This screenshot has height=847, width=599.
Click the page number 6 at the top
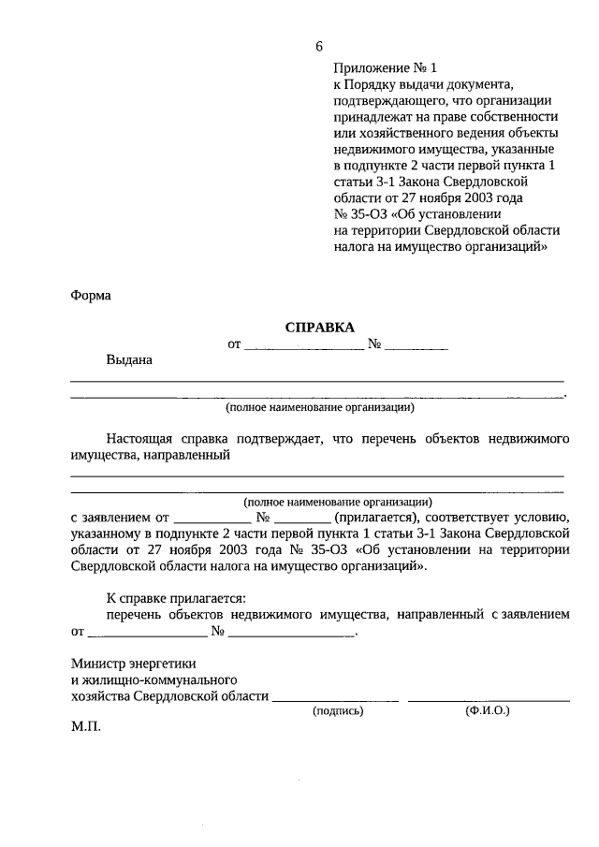coord(319,47)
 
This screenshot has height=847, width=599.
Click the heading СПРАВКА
coord(320,327)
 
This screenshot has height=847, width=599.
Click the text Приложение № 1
coord(385,68)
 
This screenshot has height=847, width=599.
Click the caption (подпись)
coord(337,711)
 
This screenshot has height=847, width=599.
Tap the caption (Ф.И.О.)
coord(487,711)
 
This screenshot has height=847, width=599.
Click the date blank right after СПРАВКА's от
coord(303,345)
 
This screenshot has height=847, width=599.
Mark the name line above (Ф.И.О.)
coord(489,698)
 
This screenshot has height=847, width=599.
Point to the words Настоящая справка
coord(165,438)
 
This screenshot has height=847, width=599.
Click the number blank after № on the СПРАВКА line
coord(416,345)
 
